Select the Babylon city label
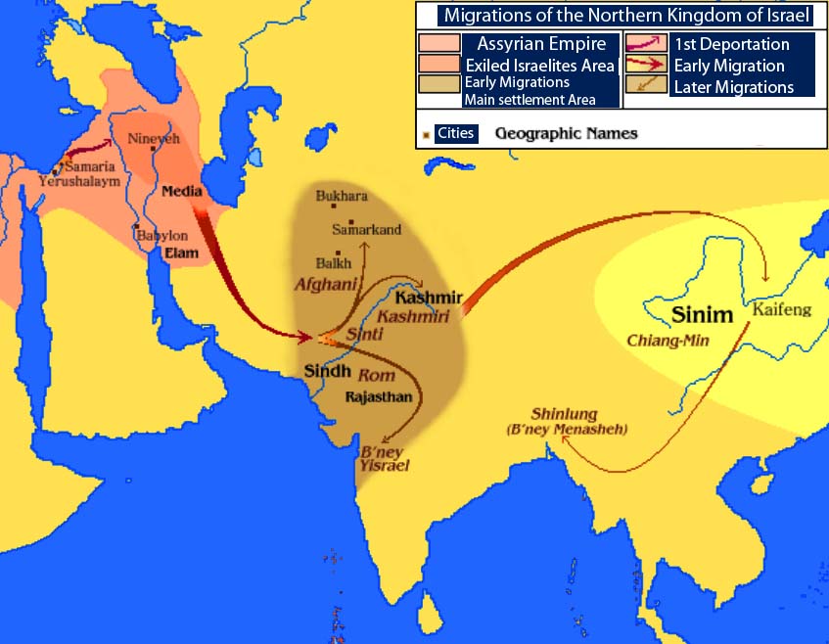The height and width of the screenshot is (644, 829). pos(161,236)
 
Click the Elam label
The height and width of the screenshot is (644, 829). pos(182,253)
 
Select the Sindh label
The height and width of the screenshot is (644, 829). pos(327,372)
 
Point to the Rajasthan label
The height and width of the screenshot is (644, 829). pos(379,396)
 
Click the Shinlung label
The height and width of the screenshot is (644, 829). pos(564,414)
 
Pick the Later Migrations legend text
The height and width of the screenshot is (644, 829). pos(733,87)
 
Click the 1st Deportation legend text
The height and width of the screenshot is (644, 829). pos(731,44)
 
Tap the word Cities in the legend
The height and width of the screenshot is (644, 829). pos(456,133)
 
